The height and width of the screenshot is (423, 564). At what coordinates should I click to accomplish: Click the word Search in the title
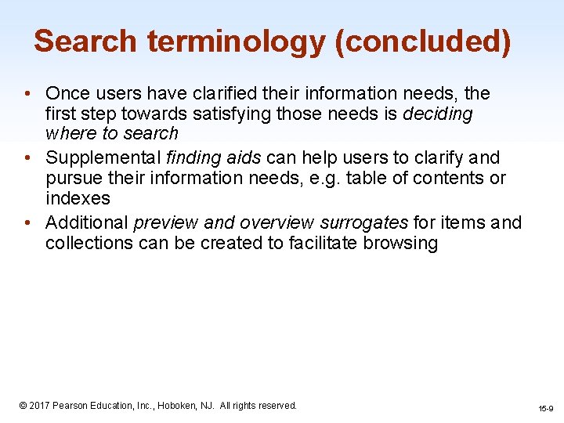click(85, 41)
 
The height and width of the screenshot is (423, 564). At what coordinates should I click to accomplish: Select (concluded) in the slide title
click(423, 41)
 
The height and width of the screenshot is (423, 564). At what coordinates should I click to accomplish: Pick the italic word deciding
click(438, 114)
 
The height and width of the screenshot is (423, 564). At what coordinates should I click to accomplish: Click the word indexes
click(78, 197)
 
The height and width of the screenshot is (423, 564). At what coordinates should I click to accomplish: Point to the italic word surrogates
click(363, 223)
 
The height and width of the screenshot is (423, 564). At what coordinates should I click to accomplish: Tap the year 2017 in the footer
click(39, 406)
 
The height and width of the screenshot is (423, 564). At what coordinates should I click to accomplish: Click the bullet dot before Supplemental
click(27, 158)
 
